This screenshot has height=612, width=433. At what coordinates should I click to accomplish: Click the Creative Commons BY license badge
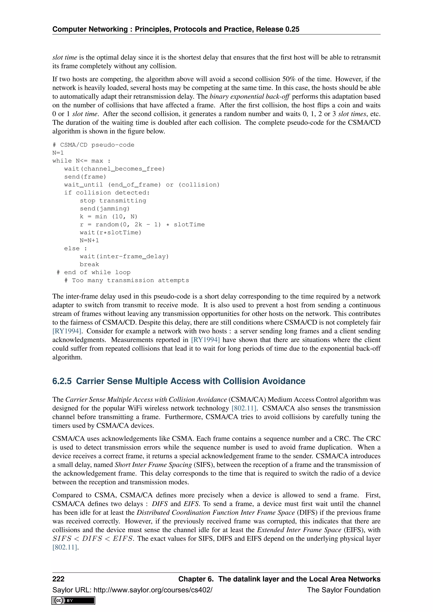(73, 600)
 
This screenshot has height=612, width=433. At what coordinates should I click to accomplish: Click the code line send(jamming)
(104, 208)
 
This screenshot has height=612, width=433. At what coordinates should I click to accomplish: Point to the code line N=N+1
(89, 240)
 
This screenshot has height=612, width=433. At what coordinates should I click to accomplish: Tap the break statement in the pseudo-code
(89, 264)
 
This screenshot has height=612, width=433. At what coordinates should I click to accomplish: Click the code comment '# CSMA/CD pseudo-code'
(93, 145)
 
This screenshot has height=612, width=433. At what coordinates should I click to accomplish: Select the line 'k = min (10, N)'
(108, 216)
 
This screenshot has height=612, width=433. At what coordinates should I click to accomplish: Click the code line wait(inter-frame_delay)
(124, 256)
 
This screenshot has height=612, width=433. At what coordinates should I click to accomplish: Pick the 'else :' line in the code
(75, 249)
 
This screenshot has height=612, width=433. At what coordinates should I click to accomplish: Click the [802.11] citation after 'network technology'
(244, 408)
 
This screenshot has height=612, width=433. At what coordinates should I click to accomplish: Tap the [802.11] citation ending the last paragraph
(65, 547)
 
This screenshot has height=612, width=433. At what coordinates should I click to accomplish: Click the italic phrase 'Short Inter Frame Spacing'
(153, 464)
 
